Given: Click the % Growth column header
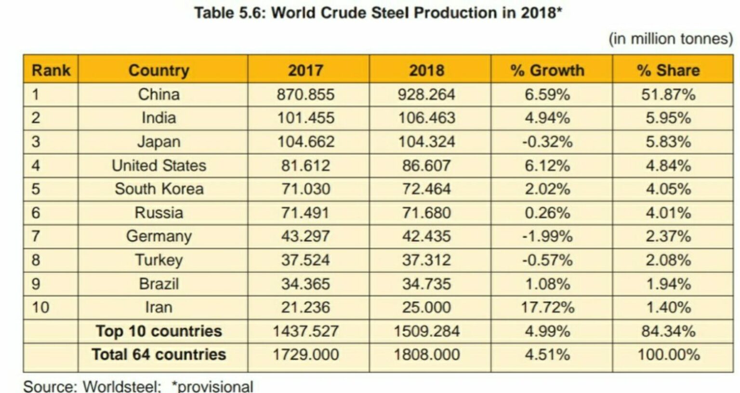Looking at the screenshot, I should [547, 70].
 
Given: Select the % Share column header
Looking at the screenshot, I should [668, 70].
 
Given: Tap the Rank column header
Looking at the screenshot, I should [51, 70].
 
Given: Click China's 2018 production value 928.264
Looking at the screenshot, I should [426, 94].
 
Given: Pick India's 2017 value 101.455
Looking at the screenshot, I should [305, 118].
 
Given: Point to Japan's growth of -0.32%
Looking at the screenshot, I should [547, 142].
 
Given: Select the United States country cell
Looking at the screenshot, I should [159, 165].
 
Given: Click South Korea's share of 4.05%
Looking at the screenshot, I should [668, 189].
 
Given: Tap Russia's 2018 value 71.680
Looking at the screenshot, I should [426, 213].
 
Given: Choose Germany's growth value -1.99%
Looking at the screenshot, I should [547, 236].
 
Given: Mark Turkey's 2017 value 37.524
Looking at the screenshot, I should [305, 260].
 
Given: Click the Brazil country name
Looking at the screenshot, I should [159, 284].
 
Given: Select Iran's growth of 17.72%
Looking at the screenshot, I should [547, 307].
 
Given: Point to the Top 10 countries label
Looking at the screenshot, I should [159, 331].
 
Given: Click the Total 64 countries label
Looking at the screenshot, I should [159, 355].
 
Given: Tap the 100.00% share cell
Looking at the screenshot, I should [668, 355].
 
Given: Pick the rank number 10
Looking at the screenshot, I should [40, 307].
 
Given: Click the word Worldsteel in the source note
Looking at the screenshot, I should [121, 386].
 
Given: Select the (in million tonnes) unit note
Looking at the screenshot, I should [671, 38].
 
